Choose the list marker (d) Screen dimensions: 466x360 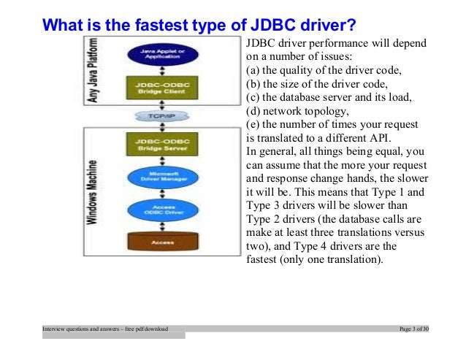pyautogui.click(x=253, y=112)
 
